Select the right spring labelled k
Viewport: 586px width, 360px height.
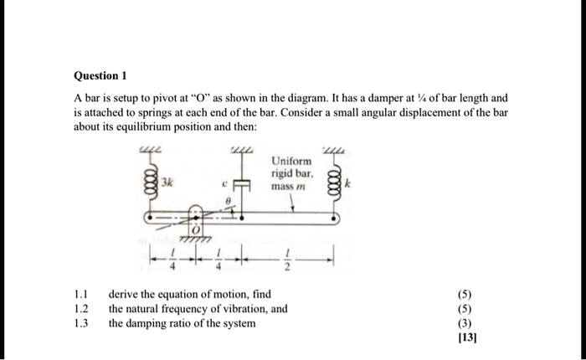[x=337, y=181]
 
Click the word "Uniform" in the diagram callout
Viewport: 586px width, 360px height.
[x=291, y=161]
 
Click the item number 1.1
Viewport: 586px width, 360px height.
[x=80, y=295]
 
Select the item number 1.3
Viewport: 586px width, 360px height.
[x=80, y=321]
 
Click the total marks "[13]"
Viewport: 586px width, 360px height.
[x=465, y=337]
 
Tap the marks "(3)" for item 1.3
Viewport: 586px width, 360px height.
[x=465, y=321]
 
